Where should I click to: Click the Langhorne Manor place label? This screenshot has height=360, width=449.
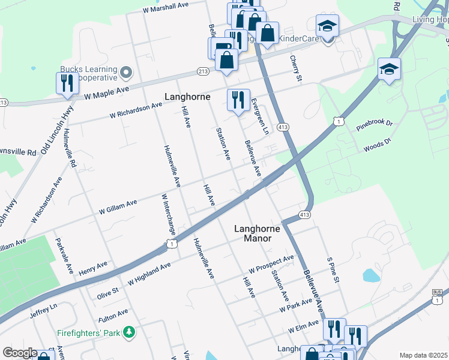tap(252, 233)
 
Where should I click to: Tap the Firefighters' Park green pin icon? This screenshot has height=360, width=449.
tap(128, 332)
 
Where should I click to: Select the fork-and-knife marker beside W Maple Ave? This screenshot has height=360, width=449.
tap(67, 84)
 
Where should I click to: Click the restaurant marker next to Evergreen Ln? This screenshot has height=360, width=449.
tap(238, 100)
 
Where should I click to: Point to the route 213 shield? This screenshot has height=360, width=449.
tap(203, 71)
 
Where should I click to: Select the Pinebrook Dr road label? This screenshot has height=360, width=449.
tap(373, 127)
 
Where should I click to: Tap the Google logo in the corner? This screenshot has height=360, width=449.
tap(20, 353)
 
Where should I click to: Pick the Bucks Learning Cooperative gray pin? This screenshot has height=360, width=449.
tap(125, 73)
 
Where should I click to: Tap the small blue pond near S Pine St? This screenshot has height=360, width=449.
tap(371, 275)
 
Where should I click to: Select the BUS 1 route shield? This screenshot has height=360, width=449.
tap(437, 295)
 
